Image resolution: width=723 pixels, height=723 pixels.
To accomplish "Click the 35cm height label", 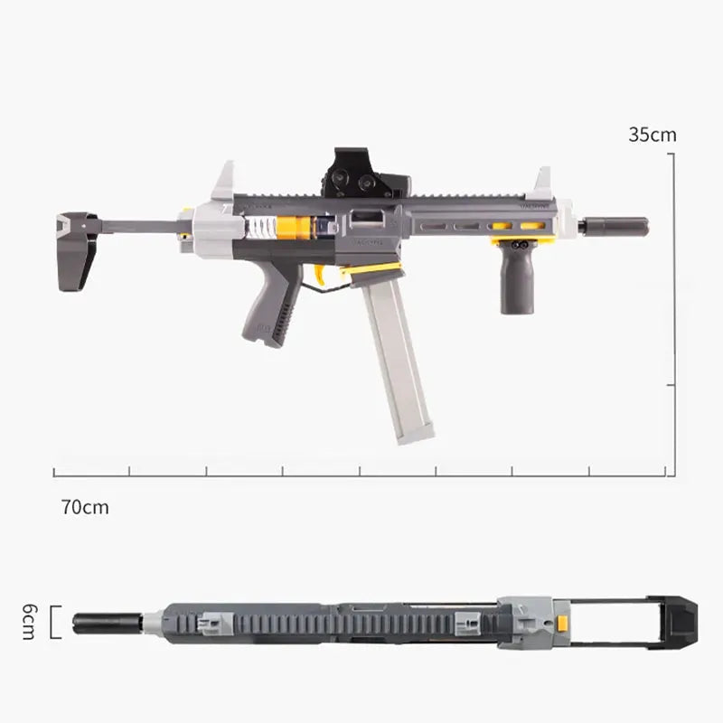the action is coord(653,135).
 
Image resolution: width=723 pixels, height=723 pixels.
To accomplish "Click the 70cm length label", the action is coord(85,507).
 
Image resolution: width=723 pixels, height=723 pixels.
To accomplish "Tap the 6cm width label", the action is coord(28,622).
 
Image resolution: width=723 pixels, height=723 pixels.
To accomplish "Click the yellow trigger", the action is coord(320,274).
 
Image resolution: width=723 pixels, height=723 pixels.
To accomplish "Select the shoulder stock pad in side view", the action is coord(78,251).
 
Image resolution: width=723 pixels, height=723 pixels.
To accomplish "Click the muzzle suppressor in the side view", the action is coord(615,227).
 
